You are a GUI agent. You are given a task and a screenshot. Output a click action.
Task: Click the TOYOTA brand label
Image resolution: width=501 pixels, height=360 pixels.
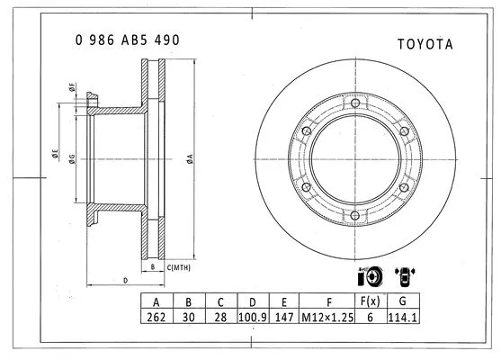tap(425, 43)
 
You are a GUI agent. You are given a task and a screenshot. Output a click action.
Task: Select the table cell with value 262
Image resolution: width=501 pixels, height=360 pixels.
tap(157, 318)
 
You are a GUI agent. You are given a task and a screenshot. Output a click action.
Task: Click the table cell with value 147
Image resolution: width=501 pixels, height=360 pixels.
tap(284, 318)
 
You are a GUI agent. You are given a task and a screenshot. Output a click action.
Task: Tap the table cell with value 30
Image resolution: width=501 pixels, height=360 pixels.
tap(189, 318)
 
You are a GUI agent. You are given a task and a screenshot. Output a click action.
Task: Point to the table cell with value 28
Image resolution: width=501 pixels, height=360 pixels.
tap(220, 318)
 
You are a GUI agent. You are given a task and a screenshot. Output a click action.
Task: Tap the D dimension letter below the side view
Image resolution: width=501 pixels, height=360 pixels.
tap(123, 280)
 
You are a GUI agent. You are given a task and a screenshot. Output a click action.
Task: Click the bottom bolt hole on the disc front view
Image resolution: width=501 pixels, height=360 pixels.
tap(356, 215)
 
